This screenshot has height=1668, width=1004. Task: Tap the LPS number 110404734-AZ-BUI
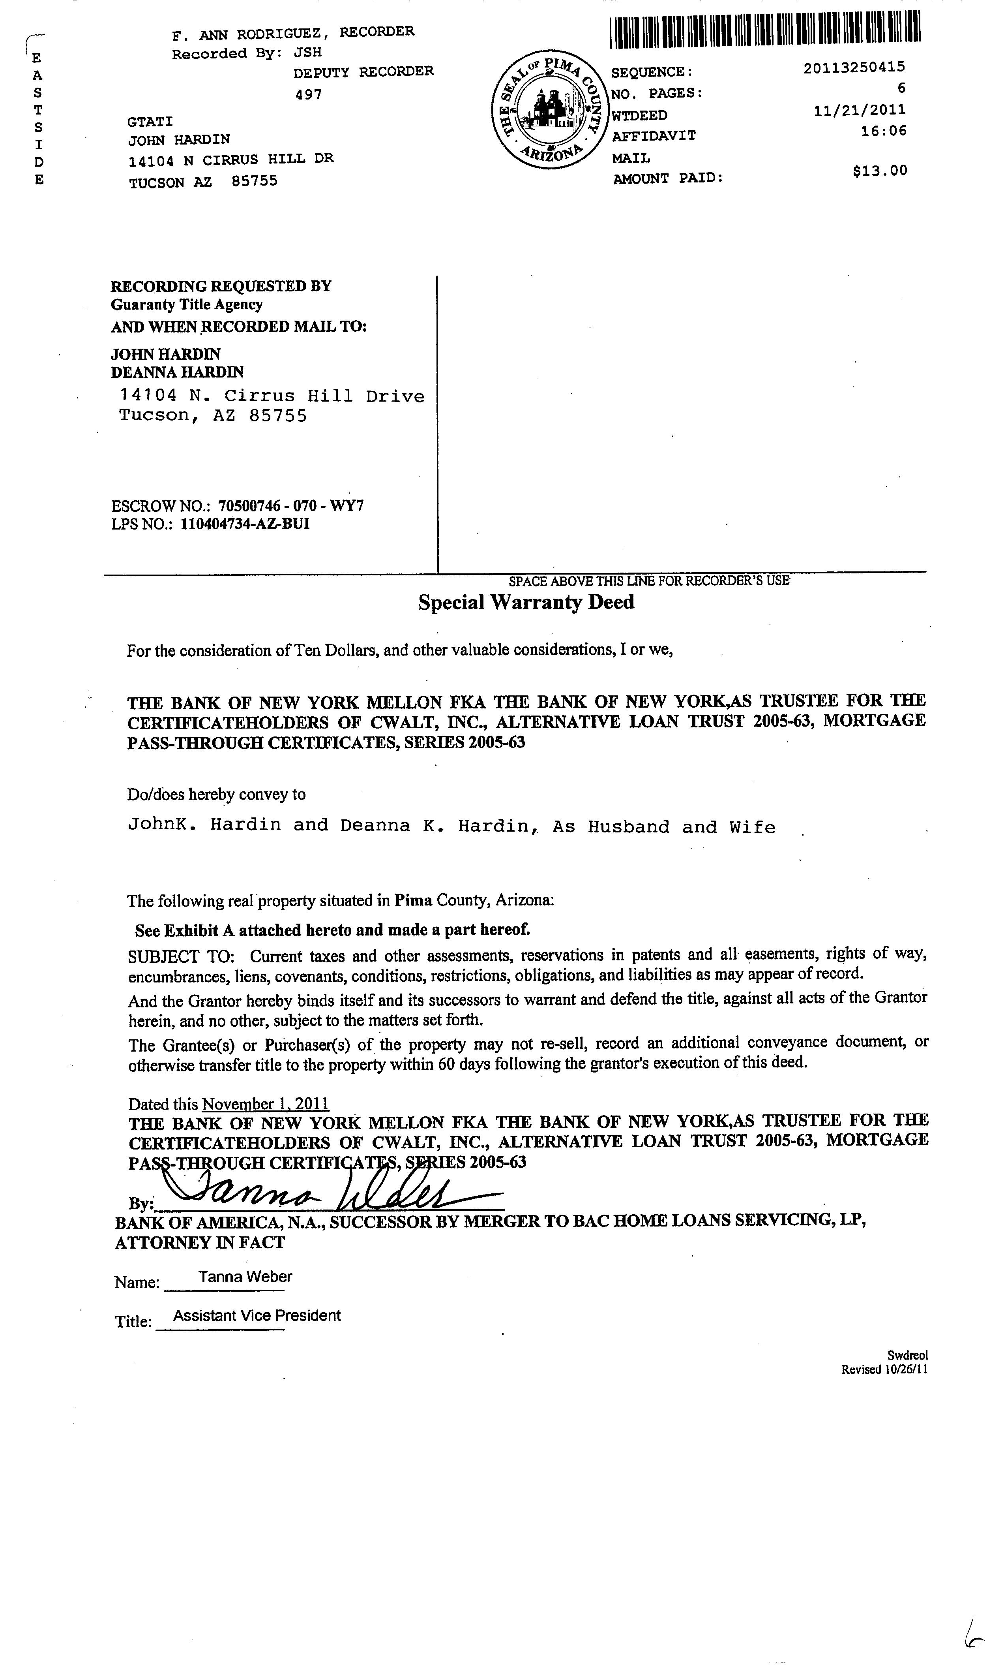pyautogui.click(x=245, y=524)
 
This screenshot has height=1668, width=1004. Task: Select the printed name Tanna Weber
pyautogui.click(x=245, y=1277)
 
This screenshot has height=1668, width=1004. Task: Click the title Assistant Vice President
pyautogui.click(x=257, y=1316)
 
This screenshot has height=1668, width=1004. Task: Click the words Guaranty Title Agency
pyautogui.click(x=187, y=304)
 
